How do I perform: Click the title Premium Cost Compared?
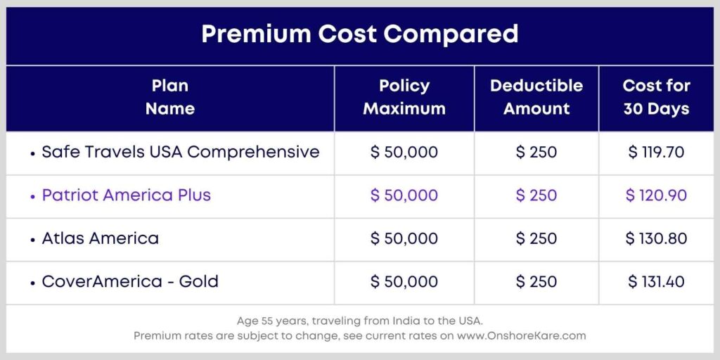tap(359, 34)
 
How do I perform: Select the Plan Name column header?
tap(170, 98)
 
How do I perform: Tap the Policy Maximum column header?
tap(404, 98)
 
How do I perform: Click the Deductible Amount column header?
tap(536, 98)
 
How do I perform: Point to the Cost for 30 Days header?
tap(656, 98)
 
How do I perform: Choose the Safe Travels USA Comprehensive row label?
tap(181, 152)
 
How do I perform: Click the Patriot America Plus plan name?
tap(127, 195)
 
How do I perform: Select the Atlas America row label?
tap(101, 238)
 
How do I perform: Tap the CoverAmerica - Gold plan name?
tap(130, 282)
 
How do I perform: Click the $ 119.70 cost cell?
tap(656, 153)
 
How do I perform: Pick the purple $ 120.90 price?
tap(656, 195)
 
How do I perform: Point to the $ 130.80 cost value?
tap(656, 239)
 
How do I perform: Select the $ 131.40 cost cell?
tap(656, 282)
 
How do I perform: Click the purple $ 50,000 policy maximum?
tap(404, 195)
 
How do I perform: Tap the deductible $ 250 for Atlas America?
tap(536, 239)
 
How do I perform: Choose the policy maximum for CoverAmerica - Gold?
tap(404, 282)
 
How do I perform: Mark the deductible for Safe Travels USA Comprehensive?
tap(536, 153)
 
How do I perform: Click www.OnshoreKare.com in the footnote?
tap(521, 336)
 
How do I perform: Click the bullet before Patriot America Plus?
tap(33, 196)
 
